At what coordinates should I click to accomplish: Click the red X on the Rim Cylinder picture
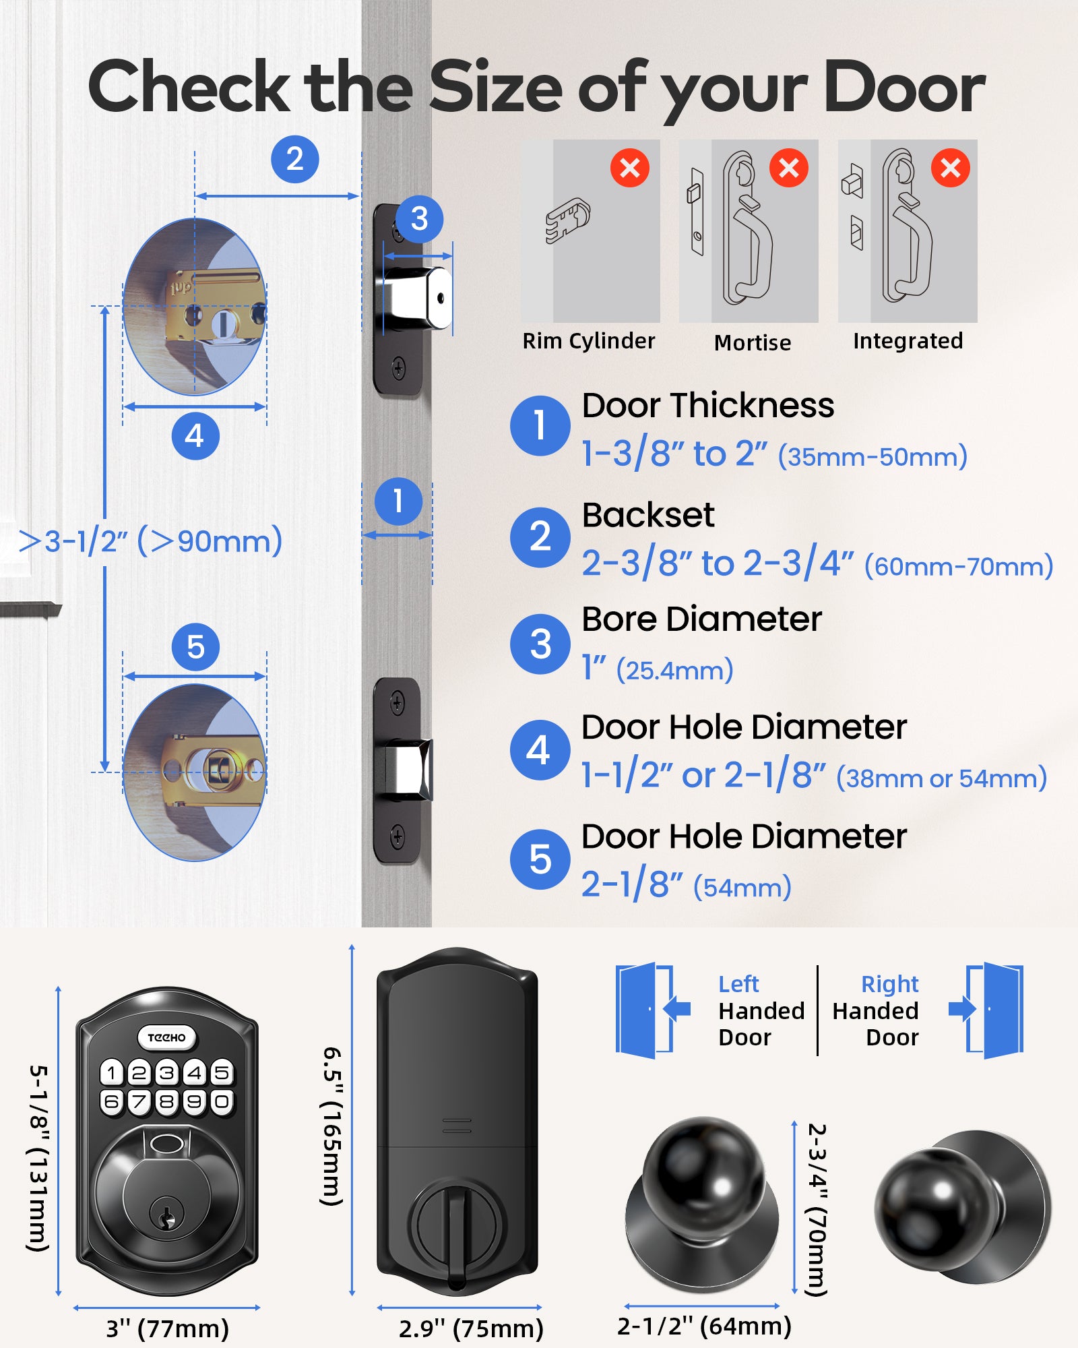629,168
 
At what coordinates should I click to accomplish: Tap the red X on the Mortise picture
788,168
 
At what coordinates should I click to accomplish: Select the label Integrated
908,341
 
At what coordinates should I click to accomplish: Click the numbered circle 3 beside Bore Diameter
540,644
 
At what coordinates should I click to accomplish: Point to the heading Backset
647,516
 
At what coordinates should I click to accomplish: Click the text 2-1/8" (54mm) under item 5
686,885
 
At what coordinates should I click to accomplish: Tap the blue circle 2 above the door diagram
294,159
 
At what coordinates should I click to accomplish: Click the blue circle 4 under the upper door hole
195,436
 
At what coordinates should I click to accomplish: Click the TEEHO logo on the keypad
166,1037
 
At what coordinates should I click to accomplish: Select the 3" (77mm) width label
167,1328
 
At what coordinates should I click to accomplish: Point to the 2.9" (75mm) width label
471,1328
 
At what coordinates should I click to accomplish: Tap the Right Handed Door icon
989,1010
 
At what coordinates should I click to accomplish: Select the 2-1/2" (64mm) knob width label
704,1326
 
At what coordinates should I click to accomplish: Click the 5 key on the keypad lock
222,1072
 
